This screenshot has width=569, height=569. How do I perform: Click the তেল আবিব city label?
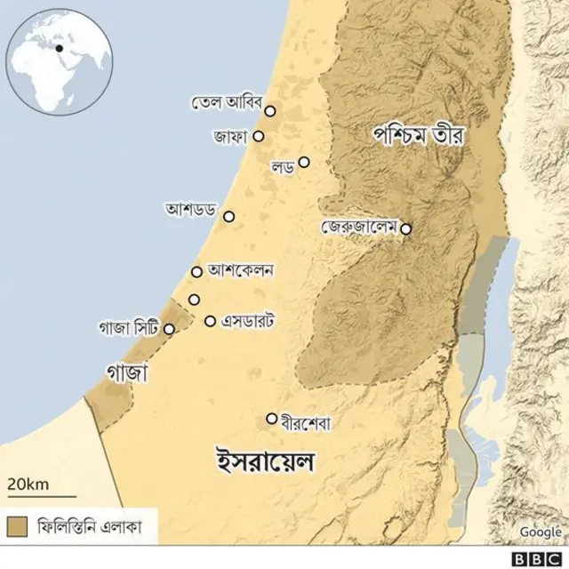(227, 102)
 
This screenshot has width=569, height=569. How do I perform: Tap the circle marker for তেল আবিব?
(270, 111)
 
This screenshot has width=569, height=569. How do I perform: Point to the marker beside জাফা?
(259, 136)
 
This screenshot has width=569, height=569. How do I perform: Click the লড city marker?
(304, 162)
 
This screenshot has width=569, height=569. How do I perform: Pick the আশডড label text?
(190, 210)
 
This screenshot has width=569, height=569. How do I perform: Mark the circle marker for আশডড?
(228, 216)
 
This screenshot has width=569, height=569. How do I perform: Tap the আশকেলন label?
(240, 268)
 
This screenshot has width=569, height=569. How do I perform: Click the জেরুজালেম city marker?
(406, 228)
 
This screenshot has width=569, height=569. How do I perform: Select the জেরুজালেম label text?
(360, 227)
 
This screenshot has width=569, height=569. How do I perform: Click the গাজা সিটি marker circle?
(169, 329)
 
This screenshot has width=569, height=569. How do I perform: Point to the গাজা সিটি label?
(129, 328)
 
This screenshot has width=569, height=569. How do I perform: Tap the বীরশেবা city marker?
(271, 418)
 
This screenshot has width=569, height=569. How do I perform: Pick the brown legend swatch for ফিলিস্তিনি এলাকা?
(17, 525)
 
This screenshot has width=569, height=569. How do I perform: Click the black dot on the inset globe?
(59, 48)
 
